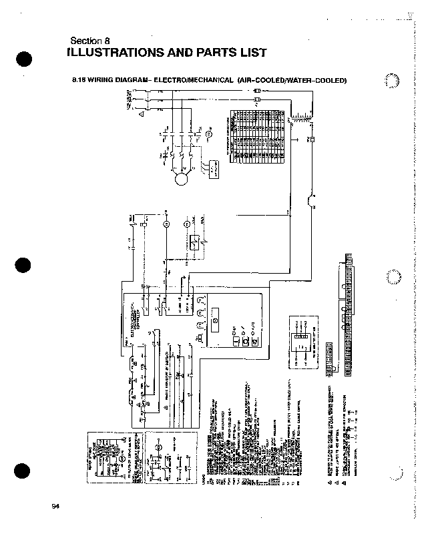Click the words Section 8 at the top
point(94,40)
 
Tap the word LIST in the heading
point(251,53)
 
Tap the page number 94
point(56,507)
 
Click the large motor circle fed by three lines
point(180,178)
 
